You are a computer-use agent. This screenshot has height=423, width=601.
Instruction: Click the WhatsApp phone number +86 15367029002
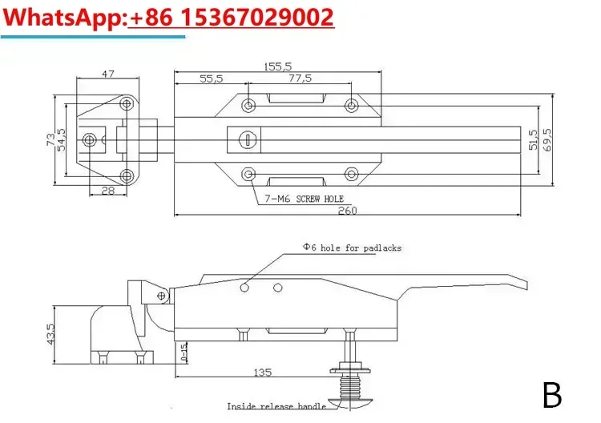coord(232,18)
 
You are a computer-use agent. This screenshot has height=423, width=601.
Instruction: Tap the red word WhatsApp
coord(63,18)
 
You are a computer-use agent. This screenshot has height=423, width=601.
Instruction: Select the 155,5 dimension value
coord(278,66)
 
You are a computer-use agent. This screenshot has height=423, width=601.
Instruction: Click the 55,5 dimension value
coord(212,79)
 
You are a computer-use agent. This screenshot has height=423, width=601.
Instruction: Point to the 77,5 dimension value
coord(300,79)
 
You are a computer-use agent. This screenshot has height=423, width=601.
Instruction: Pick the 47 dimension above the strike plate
coord(108,74)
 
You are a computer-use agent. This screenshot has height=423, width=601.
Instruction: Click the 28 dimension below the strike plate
coord(108,190)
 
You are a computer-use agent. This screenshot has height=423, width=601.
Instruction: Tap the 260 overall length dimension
coord(347,211)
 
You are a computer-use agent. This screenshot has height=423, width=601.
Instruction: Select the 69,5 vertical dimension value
coord(548,139)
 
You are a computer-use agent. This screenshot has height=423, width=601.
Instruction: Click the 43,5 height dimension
coord(50,334)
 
